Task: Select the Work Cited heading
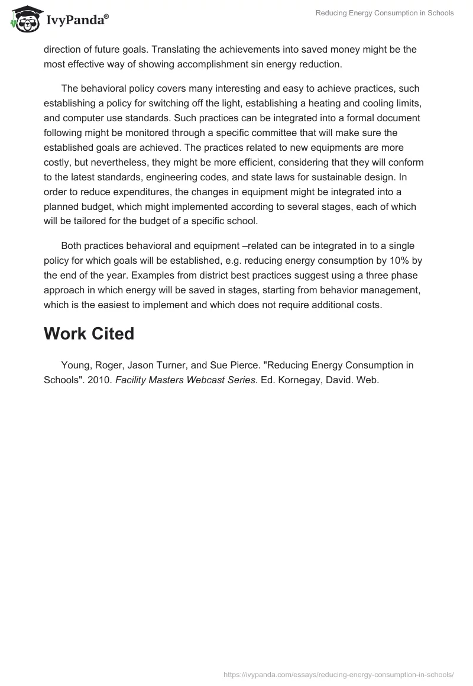(x=89, y=334)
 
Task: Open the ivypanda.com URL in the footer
(x=339, y=674)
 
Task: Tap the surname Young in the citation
(x=74, y=365)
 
